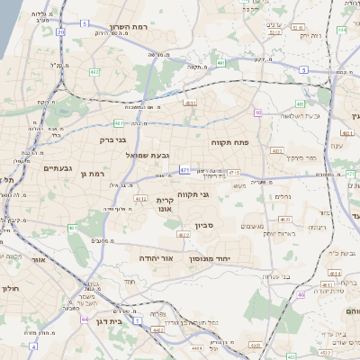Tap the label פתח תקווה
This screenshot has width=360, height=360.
point(229,142)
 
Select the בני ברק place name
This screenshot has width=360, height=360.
point(113,140)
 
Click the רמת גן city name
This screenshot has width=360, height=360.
point(93,173)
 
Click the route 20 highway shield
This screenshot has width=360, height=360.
point(60,31)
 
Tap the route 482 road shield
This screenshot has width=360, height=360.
point(95,71)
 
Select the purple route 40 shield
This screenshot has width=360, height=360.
point(257,112)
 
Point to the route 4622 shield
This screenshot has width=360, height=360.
point(184,235)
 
